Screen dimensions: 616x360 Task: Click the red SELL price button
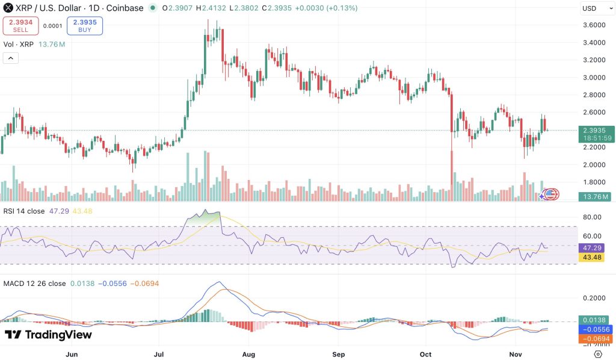21,26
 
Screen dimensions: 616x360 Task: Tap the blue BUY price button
85,26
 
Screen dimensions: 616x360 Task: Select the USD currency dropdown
597,8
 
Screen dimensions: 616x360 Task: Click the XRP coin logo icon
8,7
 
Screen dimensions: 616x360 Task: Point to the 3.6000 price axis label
594,25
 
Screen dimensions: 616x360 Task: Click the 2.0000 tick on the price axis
594,165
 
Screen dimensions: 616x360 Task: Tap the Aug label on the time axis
248,355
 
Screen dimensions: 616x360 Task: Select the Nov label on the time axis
516,355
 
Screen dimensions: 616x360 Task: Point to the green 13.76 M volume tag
597,196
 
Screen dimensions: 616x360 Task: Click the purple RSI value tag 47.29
592,248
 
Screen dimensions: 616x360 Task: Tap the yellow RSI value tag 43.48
592,258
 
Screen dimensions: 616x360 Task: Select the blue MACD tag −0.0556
595,329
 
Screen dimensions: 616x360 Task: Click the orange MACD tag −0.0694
595,339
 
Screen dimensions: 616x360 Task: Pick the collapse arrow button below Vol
11,58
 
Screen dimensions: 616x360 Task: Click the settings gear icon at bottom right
598,354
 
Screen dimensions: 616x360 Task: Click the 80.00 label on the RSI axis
592,217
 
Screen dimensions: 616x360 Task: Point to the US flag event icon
551,194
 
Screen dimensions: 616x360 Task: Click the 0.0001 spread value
53,26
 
